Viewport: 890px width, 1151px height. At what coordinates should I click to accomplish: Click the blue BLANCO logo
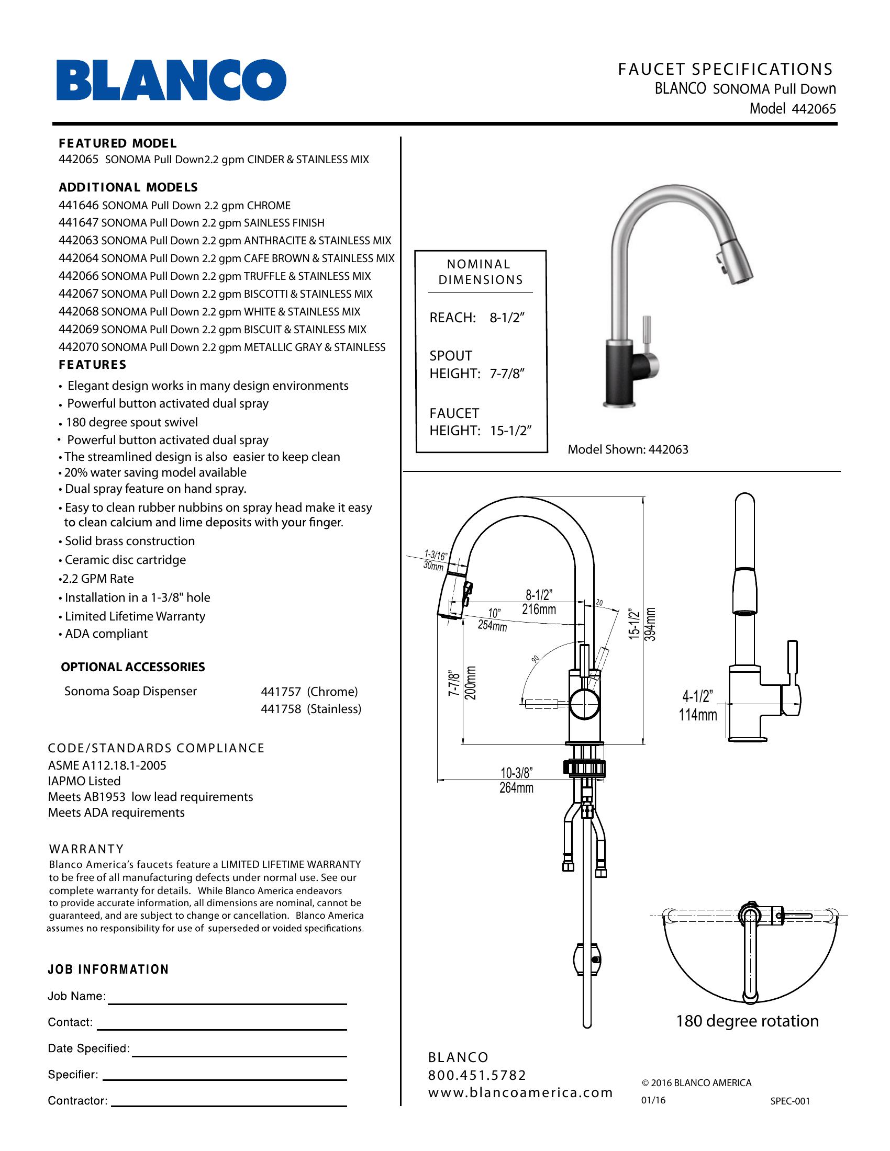(x=171, y=80)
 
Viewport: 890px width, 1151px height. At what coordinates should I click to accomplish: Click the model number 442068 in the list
(x=79, y=312)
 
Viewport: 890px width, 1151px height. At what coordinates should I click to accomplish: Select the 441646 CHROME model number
(x=79, y=206)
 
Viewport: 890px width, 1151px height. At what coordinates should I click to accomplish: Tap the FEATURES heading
(x=92, y=365)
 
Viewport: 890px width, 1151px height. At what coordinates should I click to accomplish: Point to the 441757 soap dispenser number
(x=281, y=692)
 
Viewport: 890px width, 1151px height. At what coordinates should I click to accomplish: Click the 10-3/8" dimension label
(x=516, y=773)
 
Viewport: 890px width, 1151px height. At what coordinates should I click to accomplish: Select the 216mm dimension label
(x=539, y=610)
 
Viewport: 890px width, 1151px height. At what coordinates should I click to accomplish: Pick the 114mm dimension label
(x=697, y=715)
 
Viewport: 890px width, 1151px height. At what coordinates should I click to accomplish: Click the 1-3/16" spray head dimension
(x=436, y=555)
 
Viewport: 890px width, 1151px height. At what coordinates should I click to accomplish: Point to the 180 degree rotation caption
(x=747, y=1021)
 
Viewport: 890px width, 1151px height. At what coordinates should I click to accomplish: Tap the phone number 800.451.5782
(x=477, y=1075)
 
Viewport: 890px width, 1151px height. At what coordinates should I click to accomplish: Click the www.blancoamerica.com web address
(x=520, y=1093)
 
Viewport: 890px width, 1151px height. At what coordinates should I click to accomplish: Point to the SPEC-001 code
(x=789, y=1101)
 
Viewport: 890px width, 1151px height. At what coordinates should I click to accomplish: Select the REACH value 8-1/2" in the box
(x=507, y=318)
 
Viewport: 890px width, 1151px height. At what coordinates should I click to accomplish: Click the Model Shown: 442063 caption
(x=627, y=449)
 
